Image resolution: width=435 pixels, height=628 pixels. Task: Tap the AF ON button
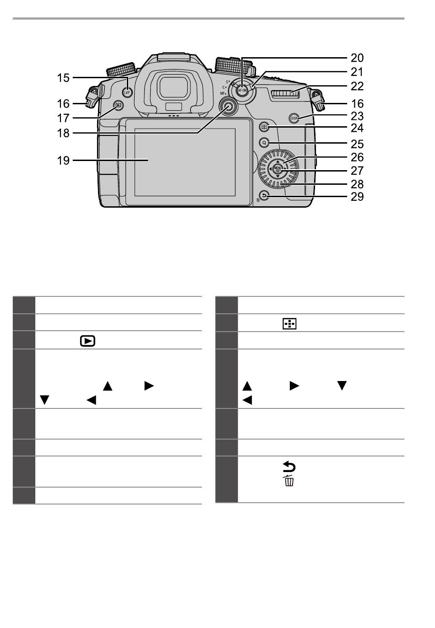pos(242,90)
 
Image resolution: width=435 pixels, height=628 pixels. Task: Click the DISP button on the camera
pos(294,118)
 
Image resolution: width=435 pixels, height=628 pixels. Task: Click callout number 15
pos(63,78)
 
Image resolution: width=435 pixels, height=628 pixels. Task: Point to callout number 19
pos(63,160)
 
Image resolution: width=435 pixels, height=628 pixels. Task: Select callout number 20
pos(357,58)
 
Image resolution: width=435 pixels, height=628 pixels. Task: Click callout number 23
pos(357,117)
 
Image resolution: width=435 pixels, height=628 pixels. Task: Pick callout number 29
pos(357,197)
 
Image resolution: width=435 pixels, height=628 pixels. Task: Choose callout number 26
pos(357,157)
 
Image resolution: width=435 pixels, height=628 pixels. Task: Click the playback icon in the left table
pos(87,341)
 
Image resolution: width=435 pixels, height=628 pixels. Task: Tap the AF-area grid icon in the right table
pos(290,324)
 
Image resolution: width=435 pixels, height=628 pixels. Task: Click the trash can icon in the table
pos(289,481)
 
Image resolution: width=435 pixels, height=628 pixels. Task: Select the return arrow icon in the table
pos(290,467)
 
